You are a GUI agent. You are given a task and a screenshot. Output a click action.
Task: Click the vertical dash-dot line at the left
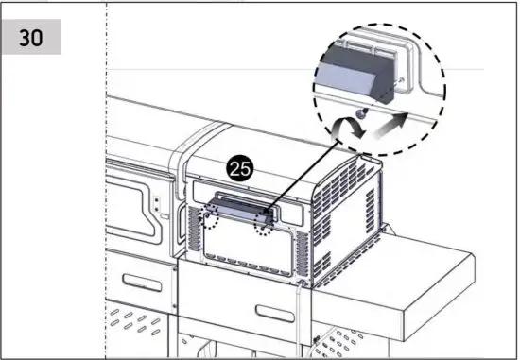(106, 189)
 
